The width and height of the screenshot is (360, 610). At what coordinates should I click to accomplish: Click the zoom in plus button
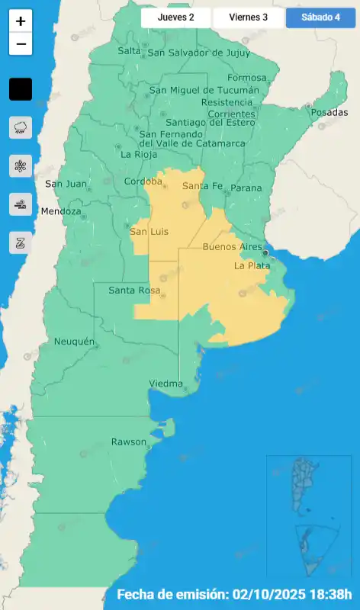pos(21,22)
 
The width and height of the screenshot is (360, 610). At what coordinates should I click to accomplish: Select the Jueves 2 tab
pos(175,17)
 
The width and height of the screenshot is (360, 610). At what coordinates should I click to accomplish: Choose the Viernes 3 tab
pos(249,17)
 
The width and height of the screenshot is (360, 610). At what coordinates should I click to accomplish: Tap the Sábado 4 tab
pos(320,17)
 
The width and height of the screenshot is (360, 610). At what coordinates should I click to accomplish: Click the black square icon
pos(21,89)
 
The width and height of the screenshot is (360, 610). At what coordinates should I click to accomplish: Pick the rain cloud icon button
pos(21,127)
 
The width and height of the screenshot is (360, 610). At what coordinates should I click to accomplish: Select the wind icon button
pos(21,204)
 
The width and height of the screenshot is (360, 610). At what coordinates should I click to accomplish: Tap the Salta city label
pos(130,51)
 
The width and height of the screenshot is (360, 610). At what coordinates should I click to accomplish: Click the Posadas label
pos(329,112)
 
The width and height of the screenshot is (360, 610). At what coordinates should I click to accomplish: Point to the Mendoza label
pos(61,211)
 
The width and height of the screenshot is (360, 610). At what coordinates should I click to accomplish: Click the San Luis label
pos(149,231)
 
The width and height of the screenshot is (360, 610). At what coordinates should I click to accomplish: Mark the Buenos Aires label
pos(233,247)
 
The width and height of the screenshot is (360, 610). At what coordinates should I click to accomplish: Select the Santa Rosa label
pos(133,291)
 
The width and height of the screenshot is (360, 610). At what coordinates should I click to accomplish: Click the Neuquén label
pos(74,342)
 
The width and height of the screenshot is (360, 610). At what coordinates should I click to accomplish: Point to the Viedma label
pos(166,383)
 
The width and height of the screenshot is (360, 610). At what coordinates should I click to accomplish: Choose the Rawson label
pos(128,441)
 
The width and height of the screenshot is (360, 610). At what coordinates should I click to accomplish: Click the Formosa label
pos(247,78)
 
